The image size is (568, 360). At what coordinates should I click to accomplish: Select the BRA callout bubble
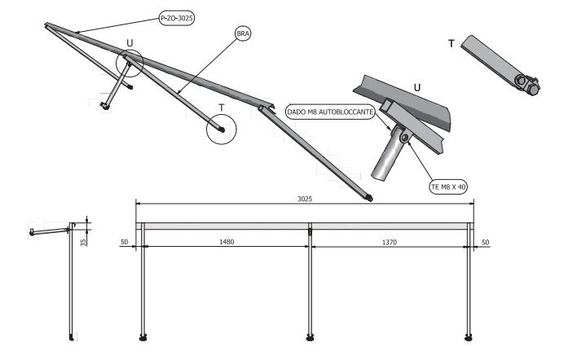point(243,33)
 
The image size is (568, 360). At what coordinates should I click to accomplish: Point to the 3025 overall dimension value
point(305,199)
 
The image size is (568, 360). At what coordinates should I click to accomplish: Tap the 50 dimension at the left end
point(124,242)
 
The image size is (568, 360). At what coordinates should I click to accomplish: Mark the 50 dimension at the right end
point(486,242)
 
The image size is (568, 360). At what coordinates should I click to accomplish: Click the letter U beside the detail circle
point(130,43)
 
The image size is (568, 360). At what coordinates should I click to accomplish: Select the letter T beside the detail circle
point(221,108)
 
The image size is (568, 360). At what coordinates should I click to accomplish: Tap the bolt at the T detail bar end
point(526,82)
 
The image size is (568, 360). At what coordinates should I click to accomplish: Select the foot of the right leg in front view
point(469,336)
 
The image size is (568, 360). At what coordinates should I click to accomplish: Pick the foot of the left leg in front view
point(144,336)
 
